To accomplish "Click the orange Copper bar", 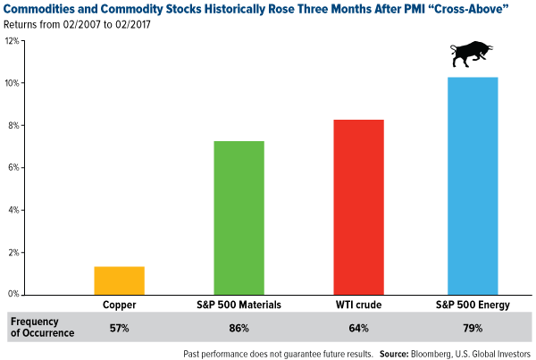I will click(x=119, y=280).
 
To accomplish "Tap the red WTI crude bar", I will click(x=357, y=206).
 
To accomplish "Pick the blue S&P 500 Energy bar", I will click(x=472, y=185).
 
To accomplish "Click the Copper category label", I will click(x=119, y=305).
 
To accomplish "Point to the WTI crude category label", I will click(x=357, y=305).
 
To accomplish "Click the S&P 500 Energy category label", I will click(x=472, y=305).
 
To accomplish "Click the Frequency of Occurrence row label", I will click(x=40, y=326).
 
